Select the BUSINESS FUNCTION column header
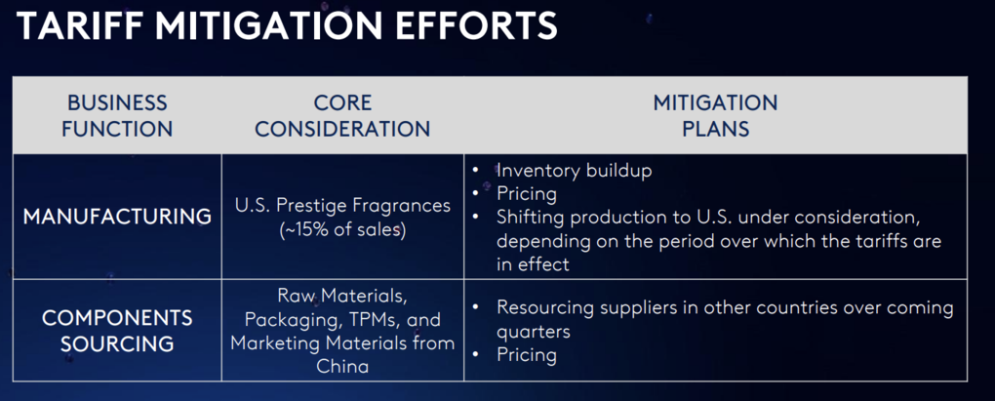117,115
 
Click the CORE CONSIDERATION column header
342,115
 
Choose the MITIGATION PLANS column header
715,115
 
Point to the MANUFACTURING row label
117,217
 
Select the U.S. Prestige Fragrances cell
342,217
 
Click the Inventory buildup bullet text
575,171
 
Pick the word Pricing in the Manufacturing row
527,193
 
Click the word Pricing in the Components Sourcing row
527,354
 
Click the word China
342,366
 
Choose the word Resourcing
546,307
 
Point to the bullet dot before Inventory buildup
477,171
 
